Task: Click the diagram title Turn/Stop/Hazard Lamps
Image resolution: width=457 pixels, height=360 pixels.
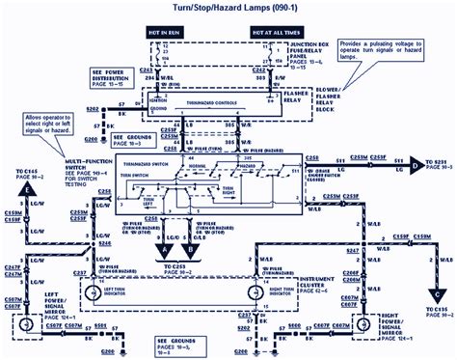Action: [x=228, y=8]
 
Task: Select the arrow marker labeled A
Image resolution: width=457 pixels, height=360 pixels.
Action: [x=166, y=234]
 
